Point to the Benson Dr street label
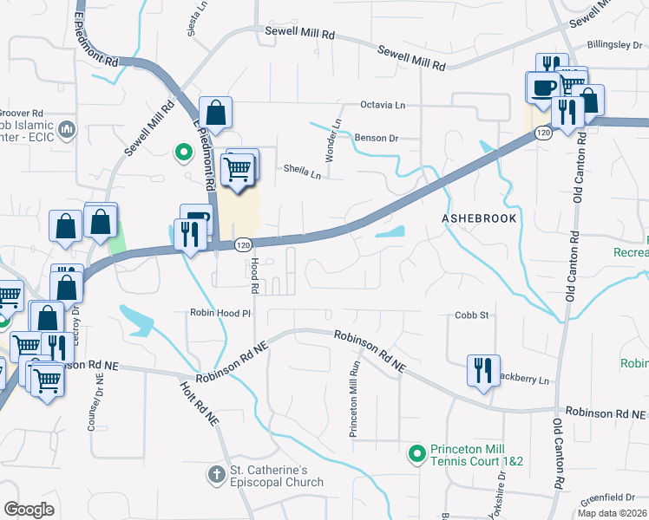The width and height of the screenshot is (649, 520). (x=376, y=138)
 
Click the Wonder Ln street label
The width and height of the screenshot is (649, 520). (x=330, y=140)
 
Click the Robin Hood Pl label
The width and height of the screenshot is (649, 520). (x=220, y=313)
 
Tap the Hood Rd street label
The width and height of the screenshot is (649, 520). (x=255, y=274)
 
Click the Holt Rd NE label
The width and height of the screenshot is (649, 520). (x=199, y=404)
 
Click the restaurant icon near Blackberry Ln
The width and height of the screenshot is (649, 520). (x=482, y=369)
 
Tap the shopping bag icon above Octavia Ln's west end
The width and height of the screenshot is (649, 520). (x=215, y=113)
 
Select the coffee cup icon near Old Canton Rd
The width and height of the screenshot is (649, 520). (x=543, y=88)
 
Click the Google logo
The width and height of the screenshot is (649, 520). (x=29, y=510)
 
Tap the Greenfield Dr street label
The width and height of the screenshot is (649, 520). (x=608, y=497)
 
